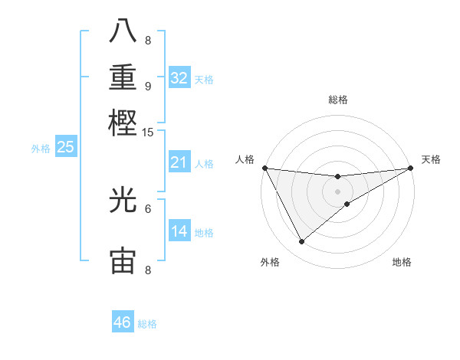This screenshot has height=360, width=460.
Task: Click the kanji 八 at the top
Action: tap(123, 33)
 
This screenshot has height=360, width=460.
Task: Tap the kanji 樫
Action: tap(123, 123)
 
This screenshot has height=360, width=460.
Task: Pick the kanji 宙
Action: tap(123, 261)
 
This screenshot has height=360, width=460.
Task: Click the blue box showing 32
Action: tap(179, 78)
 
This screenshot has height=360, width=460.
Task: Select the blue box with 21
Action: tap(179, 162)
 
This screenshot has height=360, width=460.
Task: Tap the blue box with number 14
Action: tap(179, 231)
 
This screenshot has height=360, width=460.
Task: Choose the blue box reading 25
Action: tap(65, 147)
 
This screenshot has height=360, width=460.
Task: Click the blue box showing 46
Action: tap(122, 322)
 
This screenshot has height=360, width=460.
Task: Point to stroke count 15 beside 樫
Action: tap(148, 133)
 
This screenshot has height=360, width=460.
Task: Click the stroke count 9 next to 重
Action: tap(148, 86)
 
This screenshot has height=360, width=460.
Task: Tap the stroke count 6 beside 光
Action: tap(148, 208)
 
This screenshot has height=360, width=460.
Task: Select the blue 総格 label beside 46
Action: tap(147, 324)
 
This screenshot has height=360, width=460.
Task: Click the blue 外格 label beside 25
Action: tap(41, 149)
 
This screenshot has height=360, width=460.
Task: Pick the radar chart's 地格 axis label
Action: tap(402, 262)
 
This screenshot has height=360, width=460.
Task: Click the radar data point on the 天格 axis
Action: tap(410, 167)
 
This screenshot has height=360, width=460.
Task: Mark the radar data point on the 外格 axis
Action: tap(301, 242)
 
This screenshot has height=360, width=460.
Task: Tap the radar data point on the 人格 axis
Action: tap(264, 167)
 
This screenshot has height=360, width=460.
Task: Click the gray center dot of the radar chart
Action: tap(337, 191)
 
